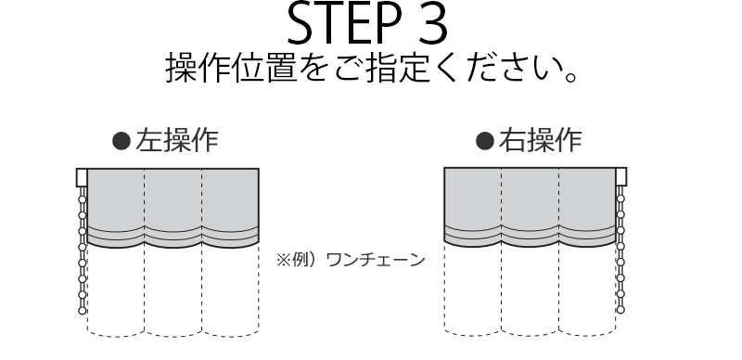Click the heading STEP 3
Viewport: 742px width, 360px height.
367,23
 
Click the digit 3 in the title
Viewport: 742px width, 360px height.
431,23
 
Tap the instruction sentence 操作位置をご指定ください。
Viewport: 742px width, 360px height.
372,69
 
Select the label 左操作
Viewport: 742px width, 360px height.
176,141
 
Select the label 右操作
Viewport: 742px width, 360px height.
540,141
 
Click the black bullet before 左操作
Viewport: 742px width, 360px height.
122,141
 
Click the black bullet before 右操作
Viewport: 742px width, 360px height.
484,141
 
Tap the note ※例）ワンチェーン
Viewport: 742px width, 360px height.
351,260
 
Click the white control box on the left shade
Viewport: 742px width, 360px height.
82,177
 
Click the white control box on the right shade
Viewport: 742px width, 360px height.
620,176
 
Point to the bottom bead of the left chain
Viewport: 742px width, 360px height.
83,311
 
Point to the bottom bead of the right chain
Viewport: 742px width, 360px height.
620,310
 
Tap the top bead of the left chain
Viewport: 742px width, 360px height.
83,199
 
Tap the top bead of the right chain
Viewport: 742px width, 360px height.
620,199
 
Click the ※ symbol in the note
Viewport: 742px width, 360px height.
284,260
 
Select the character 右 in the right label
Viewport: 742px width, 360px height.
512,141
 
